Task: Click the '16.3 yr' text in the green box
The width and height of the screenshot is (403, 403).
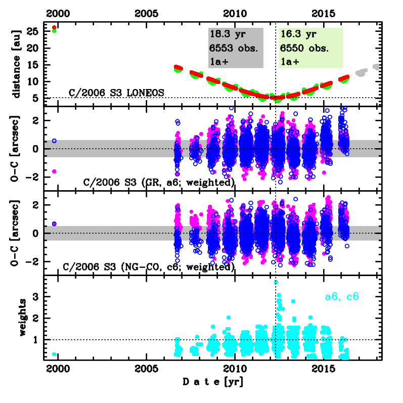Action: [x=298, y=34]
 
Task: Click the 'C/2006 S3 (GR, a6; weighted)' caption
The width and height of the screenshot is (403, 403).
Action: [x=149, y=182]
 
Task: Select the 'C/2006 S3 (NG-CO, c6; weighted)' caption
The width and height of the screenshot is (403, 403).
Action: [x=149, y=266]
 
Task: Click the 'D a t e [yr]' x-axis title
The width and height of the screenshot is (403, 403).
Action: [x=212, y=382]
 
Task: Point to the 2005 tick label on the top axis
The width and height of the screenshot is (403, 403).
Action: [x=146, y=12]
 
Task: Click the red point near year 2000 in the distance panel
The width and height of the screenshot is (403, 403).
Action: [x=54, y=27]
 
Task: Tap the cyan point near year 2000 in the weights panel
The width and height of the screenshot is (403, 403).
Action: [x=54, y=354]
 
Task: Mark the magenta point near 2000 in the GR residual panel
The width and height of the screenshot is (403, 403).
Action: [x=54, y=171]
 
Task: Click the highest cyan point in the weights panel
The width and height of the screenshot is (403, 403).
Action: [x=276, y=282]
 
